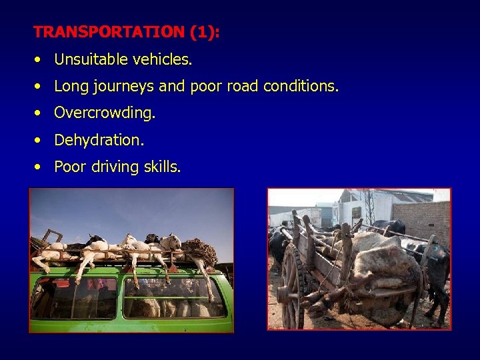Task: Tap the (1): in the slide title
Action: pyautogui.click(x=203, y=32)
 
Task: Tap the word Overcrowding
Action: pyautogui.click(x=105, y=113)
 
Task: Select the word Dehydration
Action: pyautogui.click(x=99, y=140)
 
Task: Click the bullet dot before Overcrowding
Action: pyautogui.click(x=39, y=113)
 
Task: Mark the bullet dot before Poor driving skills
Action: pyautogui.click(x=39, y=167)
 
